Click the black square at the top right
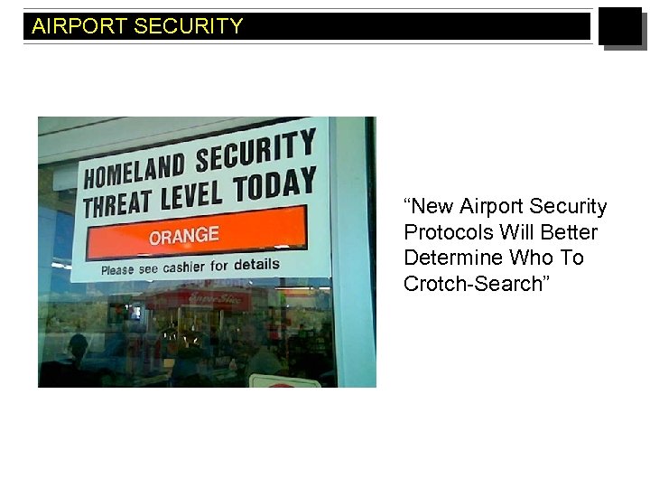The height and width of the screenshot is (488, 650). tap(620, 27)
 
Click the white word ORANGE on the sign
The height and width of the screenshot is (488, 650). tap(184, 237)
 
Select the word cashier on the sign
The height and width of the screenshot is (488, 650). tap(184, 267)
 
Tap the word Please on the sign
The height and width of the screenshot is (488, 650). tap(117, 270)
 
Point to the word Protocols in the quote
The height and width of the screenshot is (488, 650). tap(442, 232)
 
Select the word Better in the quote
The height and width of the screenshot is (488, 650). tap(571, 232)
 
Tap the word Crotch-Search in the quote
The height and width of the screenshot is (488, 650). tap(472, 283)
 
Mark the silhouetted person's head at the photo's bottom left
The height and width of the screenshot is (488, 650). tap(78, 344)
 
